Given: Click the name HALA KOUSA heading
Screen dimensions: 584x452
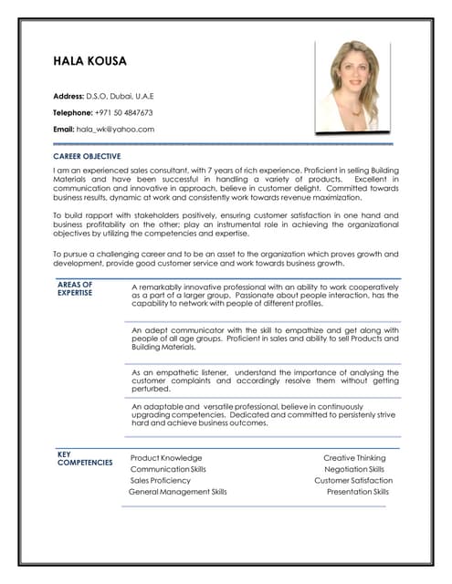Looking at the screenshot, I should [x=89, y=62].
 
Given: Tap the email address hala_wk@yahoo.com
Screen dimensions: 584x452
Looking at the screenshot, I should [x=115, y=130].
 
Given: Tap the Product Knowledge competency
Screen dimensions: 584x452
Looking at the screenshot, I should [x=166, y=458].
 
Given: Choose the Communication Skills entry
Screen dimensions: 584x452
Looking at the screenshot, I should [x=168, y=469].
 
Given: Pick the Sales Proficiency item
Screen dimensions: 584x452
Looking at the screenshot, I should [x=161, y=480].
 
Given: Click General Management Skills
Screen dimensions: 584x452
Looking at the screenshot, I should [x=178, y=491].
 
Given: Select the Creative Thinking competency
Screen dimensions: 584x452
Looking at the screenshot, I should [x=354, y=458].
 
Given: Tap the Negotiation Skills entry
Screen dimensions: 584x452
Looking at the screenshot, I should [x=354, y=469].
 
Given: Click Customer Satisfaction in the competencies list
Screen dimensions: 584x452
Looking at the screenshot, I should [x=353, y=480].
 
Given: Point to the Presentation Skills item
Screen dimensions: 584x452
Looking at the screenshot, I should [x=357, y=491].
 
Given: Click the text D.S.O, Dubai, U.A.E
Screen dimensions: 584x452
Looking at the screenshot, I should [x=121, y=95].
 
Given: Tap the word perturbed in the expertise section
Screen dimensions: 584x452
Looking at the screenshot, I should [x=152, y=388].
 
